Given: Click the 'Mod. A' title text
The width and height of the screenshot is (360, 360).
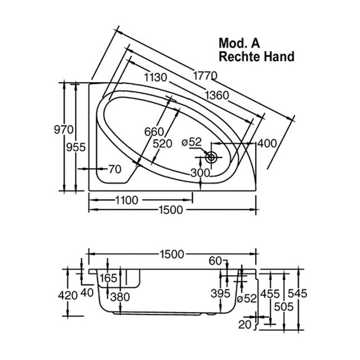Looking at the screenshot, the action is (239, 43).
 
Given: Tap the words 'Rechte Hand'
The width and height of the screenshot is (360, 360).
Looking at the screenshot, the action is (256, 56).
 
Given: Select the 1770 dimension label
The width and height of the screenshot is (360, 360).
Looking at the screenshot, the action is (205, 76).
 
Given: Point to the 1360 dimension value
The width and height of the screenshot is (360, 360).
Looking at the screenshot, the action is (217, 95).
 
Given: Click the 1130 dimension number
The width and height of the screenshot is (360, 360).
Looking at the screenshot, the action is (156, 77).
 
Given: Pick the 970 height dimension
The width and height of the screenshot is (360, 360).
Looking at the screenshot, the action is (64, 130).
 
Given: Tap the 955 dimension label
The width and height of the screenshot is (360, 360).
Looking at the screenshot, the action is (76, 147).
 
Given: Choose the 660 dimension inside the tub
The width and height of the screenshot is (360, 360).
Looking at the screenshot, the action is (154, 132).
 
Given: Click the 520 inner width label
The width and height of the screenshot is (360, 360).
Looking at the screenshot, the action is (162, 144).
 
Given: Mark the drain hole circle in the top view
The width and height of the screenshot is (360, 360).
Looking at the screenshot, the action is (211, 157).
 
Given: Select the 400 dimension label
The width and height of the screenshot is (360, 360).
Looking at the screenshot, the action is (267, 143).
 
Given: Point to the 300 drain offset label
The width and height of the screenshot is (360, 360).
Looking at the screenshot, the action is (200, 173).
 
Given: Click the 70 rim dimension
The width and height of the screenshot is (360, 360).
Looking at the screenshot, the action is (115, 169).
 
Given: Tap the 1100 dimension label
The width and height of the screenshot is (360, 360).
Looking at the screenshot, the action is (127, 200).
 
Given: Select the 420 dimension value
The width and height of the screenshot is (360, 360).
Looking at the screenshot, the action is (68, 295).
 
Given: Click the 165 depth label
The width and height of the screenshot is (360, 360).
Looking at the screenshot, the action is (108, 278).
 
